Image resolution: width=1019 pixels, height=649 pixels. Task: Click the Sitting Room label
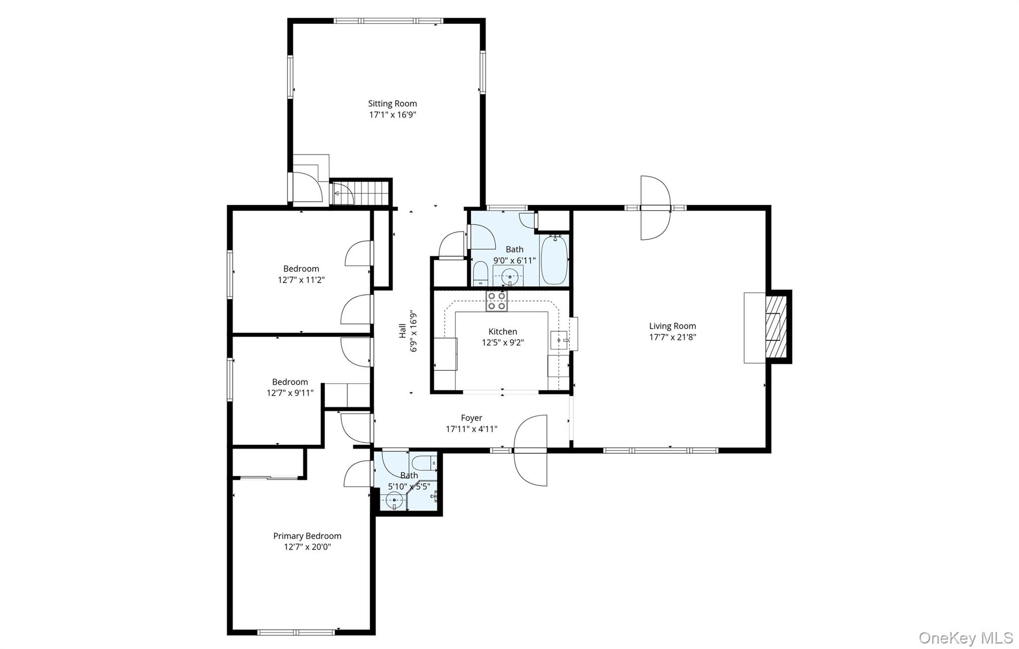(392, 104)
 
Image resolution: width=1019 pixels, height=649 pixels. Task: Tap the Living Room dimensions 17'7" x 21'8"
(672, 337)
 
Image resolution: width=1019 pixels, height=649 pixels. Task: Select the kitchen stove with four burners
(497, 301)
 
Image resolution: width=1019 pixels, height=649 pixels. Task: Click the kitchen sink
(559, 340)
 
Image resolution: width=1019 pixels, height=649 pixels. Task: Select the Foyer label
(471, 418)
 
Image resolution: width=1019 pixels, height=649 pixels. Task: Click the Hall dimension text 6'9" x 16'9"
(413, 331)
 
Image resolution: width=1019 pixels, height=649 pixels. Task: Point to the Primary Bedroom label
(307, 536)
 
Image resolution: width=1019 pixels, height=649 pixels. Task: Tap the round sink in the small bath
(395, 499)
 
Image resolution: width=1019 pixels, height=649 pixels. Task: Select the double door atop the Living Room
(655, 208)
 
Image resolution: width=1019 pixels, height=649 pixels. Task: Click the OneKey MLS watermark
(965, 638)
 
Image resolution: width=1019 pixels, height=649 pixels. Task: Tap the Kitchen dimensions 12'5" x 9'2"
(503, 342)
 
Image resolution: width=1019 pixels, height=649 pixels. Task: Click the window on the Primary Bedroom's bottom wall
(296, 633)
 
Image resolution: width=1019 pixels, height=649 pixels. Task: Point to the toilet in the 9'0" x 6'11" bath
(480, 273)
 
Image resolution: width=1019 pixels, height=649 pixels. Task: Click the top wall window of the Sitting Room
(388, 21)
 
